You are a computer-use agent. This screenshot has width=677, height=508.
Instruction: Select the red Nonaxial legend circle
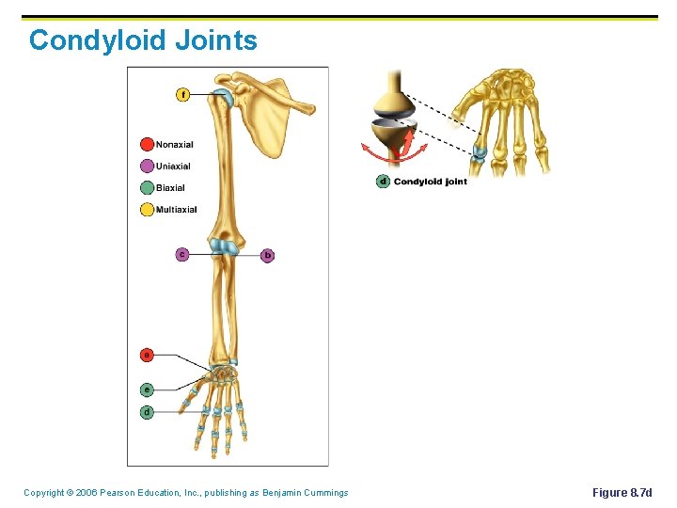(x=147, y=144)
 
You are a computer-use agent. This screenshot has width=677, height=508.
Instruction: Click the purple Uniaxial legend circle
(x=147, y=166)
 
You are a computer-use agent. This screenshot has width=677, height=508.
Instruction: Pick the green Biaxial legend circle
(x=147, y=187)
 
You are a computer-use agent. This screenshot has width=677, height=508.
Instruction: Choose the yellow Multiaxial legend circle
(x=147, y=209)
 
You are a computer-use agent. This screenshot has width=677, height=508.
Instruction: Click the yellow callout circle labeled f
(x=182, y=94)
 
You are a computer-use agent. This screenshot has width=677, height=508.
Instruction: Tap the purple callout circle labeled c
(x=181, y=254)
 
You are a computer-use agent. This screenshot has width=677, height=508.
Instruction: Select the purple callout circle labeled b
(x=267, y=255)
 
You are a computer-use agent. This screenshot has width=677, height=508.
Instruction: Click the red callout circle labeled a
(x=147, y=355)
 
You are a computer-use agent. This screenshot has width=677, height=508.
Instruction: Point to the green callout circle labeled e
(x=147, y=389)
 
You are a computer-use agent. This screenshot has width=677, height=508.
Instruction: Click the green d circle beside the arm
(x=147, y=412)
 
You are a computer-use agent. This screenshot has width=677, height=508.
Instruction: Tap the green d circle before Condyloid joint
(x=383, y=182)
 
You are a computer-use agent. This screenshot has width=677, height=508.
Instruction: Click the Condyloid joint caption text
(x=430, y=182)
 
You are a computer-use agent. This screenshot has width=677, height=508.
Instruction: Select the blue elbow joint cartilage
(x=225, y=246)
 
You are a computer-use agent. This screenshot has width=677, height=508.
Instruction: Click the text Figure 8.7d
(x=622, y=493)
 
